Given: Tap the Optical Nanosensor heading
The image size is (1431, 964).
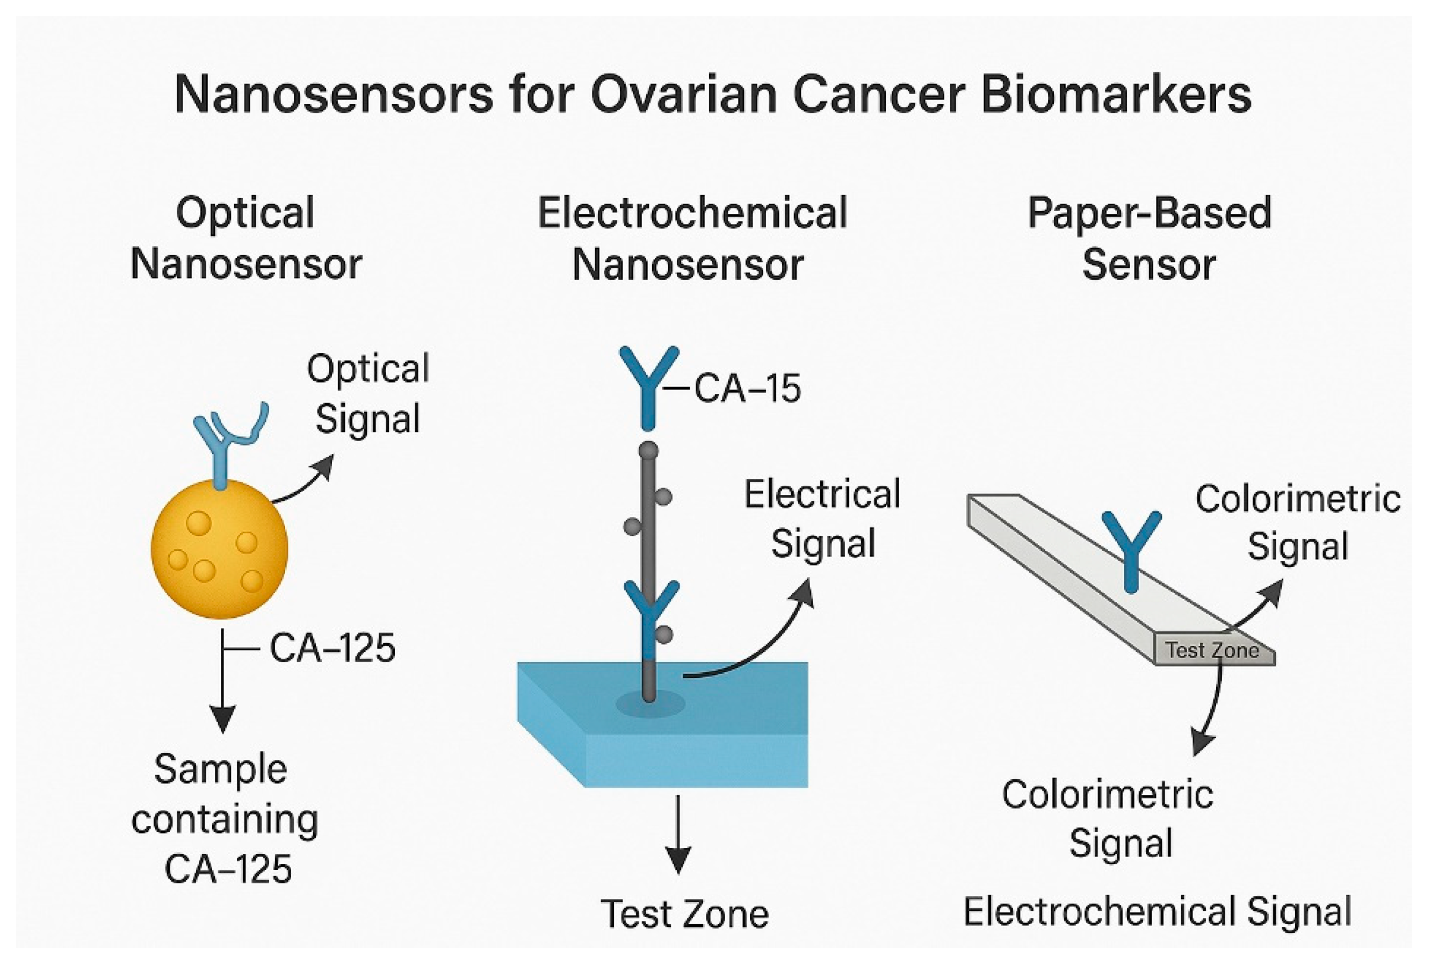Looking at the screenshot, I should pyautogui.click(x=246, y=239).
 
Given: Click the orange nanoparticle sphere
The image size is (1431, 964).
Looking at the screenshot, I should pyautogui.click(x=219, y=549).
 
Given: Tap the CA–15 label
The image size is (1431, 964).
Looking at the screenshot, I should pyautogui.click(x=747, y=389).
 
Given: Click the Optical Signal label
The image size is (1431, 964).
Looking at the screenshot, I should pyautogui.click(x=367, y=393).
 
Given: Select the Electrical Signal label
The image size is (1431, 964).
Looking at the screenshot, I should pyautogui.click(x=822, y=519).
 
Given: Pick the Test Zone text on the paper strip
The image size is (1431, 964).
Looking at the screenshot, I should pyautogui.click(x=1212, y=650).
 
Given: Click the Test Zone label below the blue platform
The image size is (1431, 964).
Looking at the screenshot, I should pyautogui.click(x=684, y=914).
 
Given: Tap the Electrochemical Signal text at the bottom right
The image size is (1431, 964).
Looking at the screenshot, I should pyautogui.click(x=1157, y=911).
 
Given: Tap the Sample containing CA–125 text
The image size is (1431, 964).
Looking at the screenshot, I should pyautogui.click(x=225, y=819).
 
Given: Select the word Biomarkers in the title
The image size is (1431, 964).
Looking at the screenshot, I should pyautogui.click(x=1116, y=95).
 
